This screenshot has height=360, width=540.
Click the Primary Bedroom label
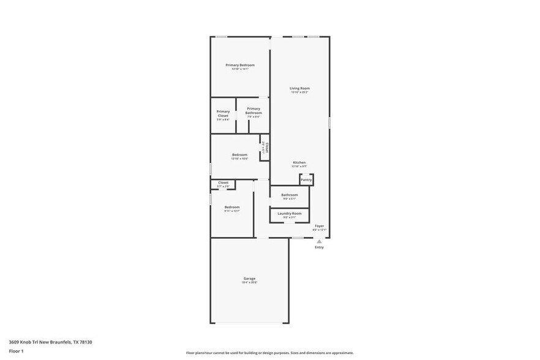tap(240, 65)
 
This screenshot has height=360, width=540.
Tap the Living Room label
tap(299, 88)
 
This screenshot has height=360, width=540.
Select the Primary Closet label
tap(223, 113)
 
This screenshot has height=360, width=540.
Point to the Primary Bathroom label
tap(254, 111)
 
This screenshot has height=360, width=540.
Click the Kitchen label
tap(299, 162)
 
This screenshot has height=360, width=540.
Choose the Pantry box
tap(307, 179)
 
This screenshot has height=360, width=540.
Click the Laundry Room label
tap(290, 213)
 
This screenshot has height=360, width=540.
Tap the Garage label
tap(249, 279)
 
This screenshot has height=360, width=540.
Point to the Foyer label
tap(320, 225)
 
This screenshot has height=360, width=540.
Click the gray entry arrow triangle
tap(319, 241)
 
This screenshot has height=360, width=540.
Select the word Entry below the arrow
tap(320, 247)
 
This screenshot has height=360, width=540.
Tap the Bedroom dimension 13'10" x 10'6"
tap(239, 159)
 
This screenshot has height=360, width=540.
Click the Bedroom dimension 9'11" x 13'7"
tap(232, 211)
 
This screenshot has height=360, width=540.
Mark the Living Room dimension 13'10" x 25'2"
tap(299, 92)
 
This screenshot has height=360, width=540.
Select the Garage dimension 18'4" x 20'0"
tap(249, 282)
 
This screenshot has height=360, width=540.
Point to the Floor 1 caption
tap(16, 351)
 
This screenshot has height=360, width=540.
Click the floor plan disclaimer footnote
tap(269, 353)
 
